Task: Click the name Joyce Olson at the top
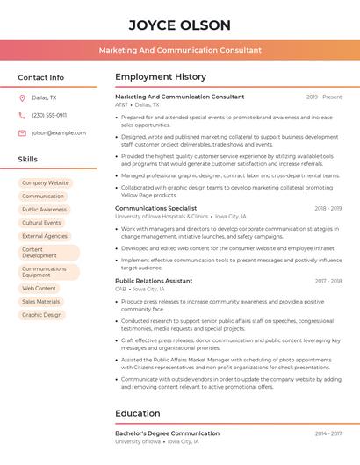179,25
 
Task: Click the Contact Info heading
40,77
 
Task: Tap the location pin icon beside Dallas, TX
22,97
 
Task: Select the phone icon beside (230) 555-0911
22,115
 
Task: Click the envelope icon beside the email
22,132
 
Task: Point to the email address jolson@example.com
59,132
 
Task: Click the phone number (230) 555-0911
49,115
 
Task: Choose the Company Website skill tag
46,183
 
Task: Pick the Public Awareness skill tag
44,210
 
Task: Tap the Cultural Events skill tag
41,223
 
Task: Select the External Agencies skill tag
45,236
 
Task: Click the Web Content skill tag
39,288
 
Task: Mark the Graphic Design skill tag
42,314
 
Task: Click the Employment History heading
161,77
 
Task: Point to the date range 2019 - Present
324,97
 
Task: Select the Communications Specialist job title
155,208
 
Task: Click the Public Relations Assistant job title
154,281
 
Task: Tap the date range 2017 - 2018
328,281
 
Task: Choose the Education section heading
137,413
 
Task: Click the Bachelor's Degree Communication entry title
167,433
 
